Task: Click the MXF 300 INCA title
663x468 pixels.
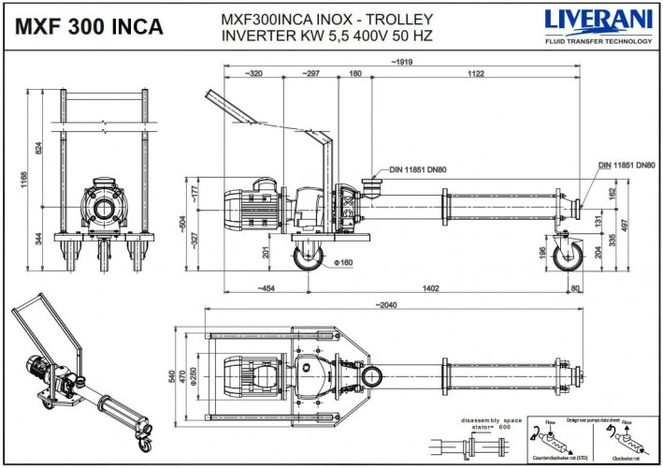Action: tap(86, 26)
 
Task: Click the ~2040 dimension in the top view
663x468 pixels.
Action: tap(385, 305)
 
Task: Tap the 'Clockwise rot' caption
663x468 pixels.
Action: tap(625, 458)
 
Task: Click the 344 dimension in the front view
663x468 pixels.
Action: tap(39, 241)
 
